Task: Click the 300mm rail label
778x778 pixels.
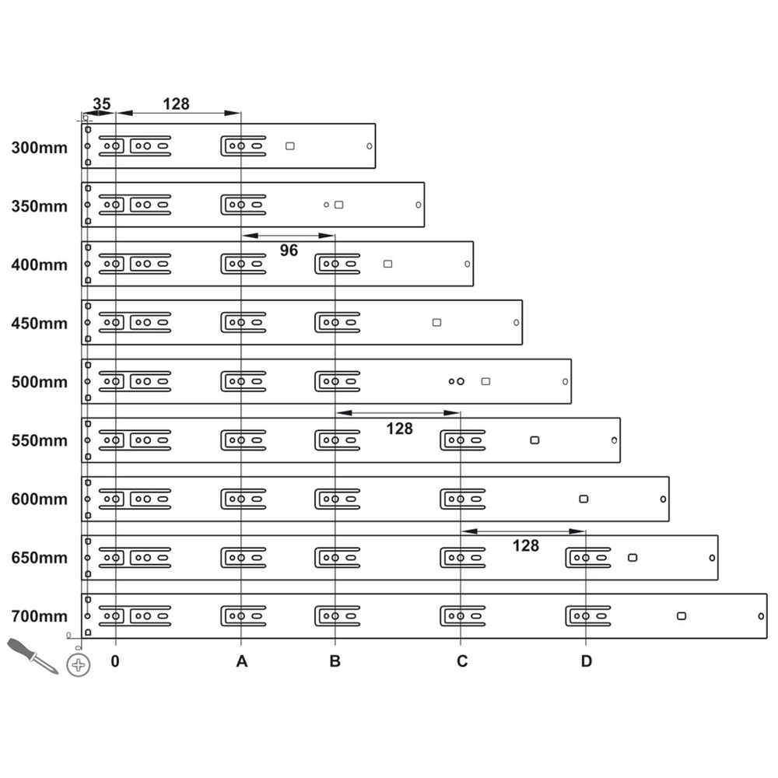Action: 40,147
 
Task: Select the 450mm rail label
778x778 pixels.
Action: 40,323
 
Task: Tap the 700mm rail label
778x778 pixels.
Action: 40,616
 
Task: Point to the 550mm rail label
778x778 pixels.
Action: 40,440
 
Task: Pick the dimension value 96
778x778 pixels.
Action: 289,251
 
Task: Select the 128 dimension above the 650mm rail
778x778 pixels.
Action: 526,546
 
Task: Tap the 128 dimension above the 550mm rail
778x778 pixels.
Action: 399,428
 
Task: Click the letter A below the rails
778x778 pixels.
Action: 241,662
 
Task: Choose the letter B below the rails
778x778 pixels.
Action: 335,662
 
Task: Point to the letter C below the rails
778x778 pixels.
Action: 461,662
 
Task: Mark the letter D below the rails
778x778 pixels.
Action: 586,662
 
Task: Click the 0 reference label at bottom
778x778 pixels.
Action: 115,662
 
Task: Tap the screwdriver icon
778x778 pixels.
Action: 32,656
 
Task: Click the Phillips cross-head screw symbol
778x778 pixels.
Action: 78,665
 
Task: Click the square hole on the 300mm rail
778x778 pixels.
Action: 290,145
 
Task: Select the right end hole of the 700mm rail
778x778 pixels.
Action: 760,616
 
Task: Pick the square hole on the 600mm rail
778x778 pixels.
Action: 583,499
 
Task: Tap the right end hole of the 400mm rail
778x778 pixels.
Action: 467,264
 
